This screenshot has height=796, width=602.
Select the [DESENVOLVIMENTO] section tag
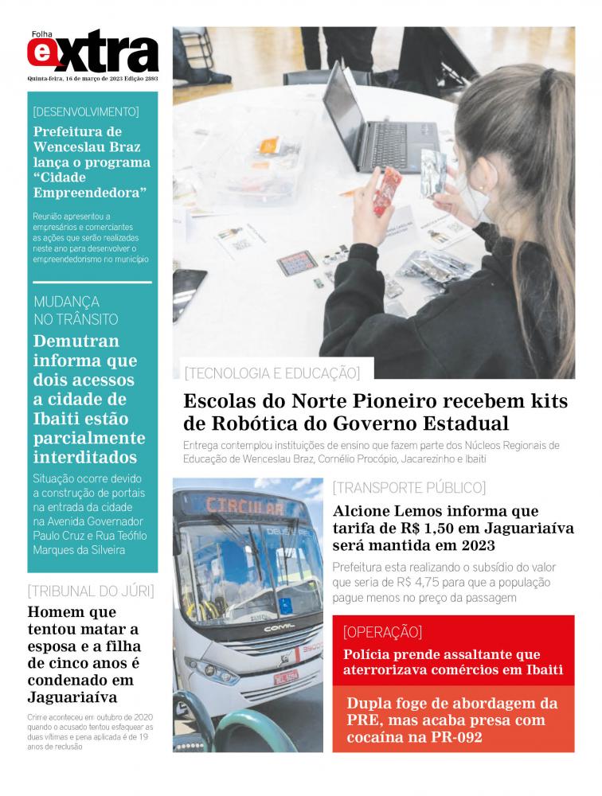click(x=86, y=111)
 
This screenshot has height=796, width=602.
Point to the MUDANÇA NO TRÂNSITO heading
click(x=76, y=310)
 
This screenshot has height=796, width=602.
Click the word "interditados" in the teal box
click(x=84, y=458)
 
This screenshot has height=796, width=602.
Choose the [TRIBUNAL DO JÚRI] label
click(x=90, y=591)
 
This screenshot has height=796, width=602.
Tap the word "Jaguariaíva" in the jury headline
click(x=72, y=697)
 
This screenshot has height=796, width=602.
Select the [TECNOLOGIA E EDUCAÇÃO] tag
click(x=272, y=372)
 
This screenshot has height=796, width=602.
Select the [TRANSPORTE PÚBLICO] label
click(x=408, y=487)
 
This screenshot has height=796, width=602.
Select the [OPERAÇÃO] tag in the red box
click(x=382, y=633)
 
